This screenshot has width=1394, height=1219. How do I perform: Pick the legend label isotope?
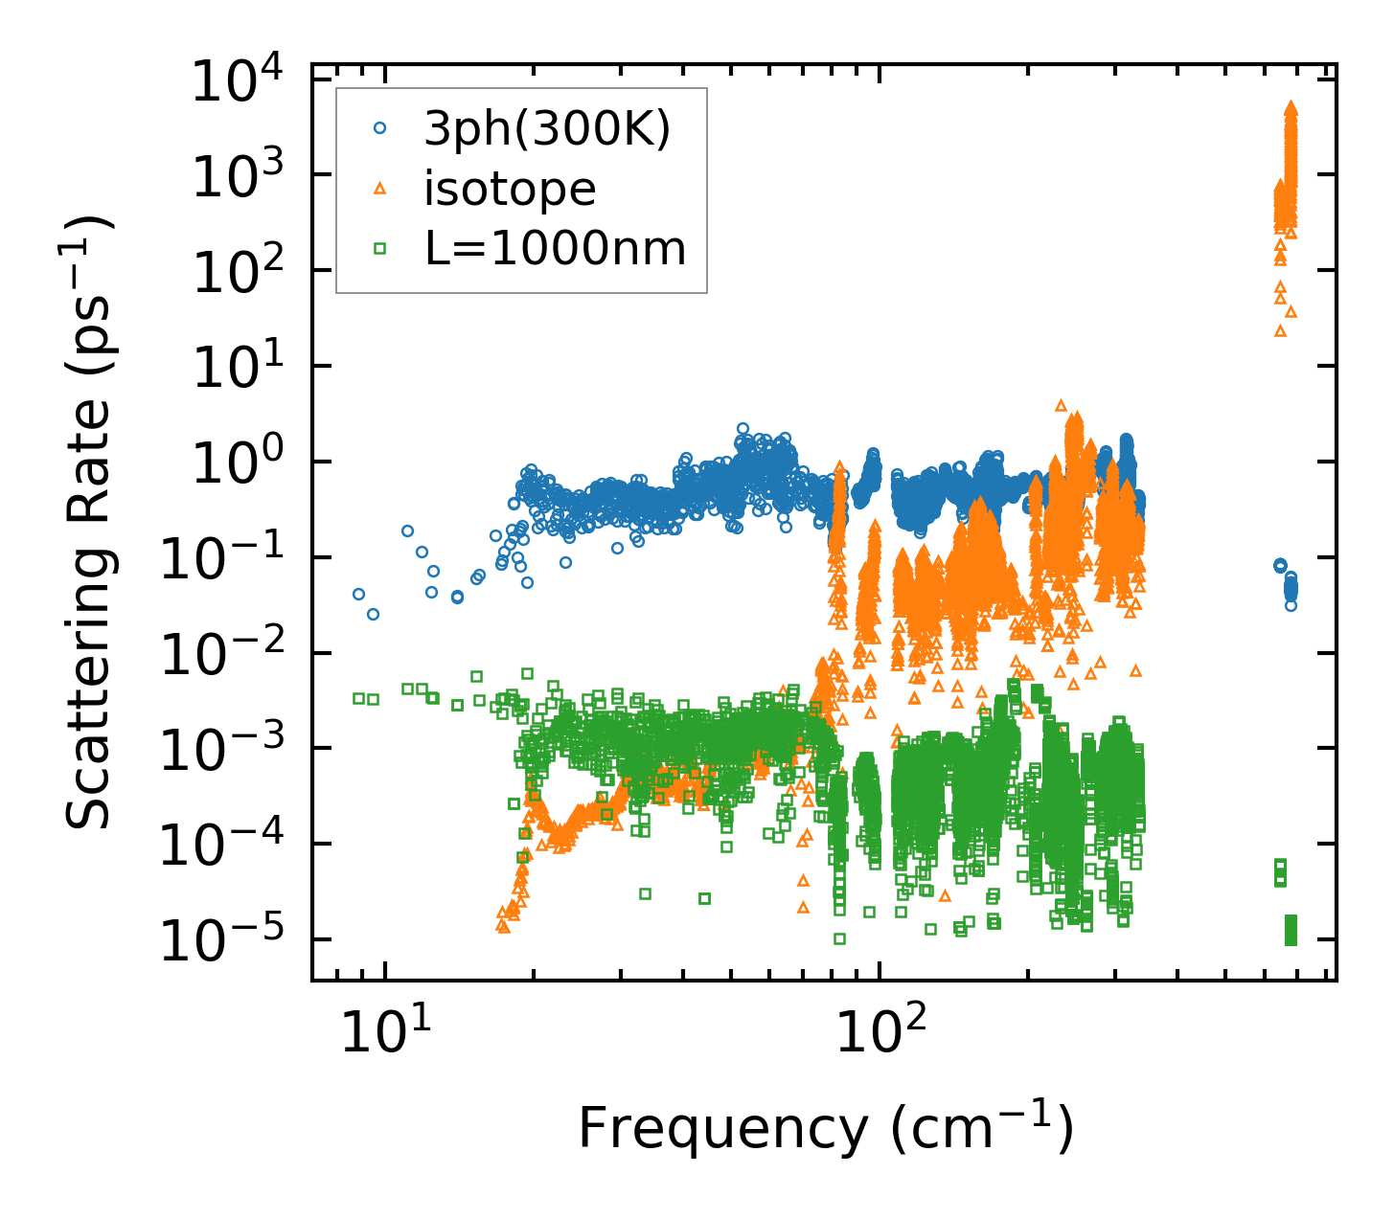pos(510,189)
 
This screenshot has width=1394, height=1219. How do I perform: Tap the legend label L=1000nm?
pos(556,249)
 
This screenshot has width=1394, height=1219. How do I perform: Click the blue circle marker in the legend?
pos(379,128)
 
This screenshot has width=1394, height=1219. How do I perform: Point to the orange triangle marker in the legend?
pos(379,189)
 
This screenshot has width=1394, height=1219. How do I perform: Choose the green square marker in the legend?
pos(379,249)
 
